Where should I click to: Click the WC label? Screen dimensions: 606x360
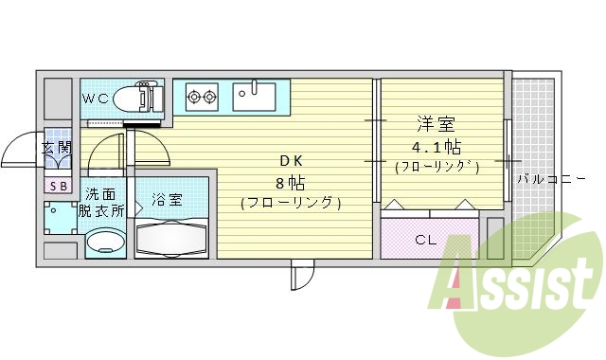(95, 99)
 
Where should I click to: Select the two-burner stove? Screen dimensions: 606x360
(202, 94)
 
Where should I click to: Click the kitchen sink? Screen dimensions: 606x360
(254, 94)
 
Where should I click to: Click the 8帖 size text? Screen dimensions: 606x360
(290, 181)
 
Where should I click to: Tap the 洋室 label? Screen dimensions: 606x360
(434, 124)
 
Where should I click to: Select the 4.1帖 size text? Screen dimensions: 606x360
(437, 147)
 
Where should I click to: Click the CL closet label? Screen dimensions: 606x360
(427, 239)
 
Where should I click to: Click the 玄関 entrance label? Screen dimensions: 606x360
(57, 148)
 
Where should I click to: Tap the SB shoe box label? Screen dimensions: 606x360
(58, 186)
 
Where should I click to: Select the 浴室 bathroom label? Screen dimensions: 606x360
(167, 200)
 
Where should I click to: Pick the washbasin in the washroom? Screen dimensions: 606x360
(101, 243)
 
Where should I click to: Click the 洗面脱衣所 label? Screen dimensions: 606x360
(100, 202)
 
